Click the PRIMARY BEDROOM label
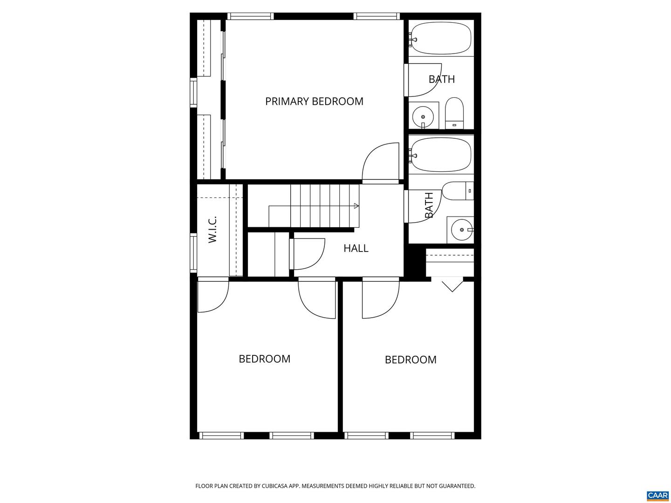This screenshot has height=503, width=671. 314,101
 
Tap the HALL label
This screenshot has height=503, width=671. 356,248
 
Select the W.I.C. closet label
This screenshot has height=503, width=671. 212,229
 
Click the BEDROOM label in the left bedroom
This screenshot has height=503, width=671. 264,359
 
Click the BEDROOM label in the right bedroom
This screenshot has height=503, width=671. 411,360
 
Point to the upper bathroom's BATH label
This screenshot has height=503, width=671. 441,79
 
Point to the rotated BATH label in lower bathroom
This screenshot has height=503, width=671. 429,205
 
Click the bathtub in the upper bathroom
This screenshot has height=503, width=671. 441,38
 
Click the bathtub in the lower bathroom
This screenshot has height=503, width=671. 441,155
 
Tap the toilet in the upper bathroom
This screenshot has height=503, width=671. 454,113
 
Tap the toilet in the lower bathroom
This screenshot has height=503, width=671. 457,191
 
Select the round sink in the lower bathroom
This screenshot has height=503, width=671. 461,230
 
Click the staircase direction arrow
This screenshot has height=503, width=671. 356,206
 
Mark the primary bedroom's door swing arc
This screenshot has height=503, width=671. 380,161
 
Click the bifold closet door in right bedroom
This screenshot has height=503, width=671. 452,285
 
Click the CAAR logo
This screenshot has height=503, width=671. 657,495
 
